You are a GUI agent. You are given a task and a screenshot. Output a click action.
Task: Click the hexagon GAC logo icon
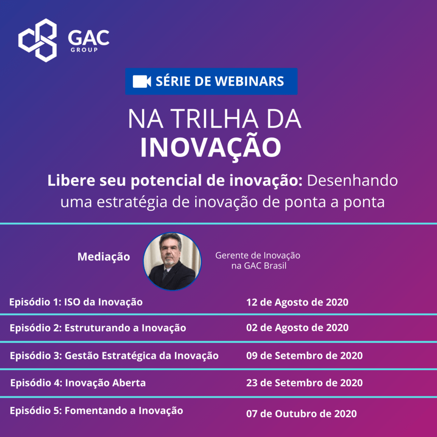point(38,40)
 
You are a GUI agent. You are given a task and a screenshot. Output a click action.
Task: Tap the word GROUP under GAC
point(84,50)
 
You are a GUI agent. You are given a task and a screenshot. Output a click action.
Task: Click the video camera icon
point(142,81)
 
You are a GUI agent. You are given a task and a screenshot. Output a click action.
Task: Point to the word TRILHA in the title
point(214,119)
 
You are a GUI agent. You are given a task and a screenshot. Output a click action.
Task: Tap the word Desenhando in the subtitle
point(352,180)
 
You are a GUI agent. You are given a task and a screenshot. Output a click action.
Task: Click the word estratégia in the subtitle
point(132,202)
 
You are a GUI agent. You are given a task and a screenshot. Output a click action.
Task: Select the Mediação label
point(104,257)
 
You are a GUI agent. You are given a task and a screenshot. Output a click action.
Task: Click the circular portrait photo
point(172,261)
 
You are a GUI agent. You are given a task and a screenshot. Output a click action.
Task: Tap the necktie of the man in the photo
point(165,275)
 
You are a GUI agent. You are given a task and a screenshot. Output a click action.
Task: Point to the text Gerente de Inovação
point(258,255)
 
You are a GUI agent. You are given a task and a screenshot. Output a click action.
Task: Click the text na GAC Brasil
point(259,266)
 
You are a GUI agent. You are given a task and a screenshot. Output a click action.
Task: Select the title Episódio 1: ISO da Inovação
point(76,302)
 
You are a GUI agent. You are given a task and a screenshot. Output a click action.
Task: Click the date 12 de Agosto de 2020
point(297,302)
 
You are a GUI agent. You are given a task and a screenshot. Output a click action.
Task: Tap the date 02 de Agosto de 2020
point(297,328)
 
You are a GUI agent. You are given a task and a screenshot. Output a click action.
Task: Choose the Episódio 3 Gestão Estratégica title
point(114,356)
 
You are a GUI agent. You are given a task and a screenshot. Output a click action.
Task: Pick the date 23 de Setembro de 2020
point(304,383)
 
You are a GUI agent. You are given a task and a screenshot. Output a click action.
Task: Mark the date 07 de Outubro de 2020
point(301,414)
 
